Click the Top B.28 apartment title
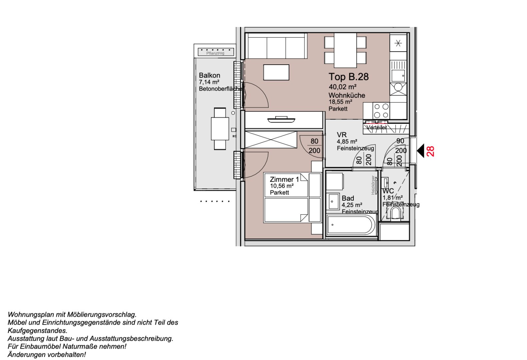click(348, 77)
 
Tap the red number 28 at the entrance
click(430, 151)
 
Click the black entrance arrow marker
click(420, 151)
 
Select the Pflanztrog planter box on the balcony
click(216, 52)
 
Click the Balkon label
click(209, 75)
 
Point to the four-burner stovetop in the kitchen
click(381, 111)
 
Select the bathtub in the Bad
click(350, 225)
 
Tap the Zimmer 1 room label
click(284, 179)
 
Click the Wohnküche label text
click(347, 95)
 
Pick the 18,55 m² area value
click(340, 102)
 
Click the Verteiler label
click(377, 127)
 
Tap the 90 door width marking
click(400, 141)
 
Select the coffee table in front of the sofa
click(276, 72)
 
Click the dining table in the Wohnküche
click(345, 50)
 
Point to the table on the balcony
click(220, 129)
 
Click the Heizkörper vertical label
click(373, 185)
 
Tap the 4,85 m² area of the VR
click(347, 142)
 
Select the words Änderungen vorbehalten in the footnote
click(47, 355)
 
